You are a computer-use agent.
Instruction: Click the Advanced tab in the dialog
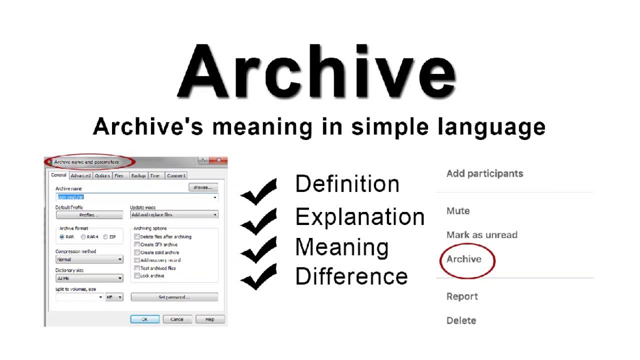tap(80, 176)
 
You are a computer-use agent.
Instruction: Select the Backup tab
tap(138, 176)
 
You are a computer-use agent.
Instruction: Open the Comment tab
tap(176, 176)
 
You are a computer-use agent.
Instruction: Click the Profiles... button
tap(89, 215)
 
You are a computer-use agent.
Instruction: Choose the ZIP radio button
tap(105, 237)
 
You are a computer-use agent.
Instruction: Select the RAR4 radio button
tap(83, 237)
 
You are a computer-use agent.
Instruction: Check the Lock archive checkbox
tap(137, 276)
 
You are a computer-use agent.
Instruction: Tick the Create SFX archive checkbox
tap(137, 244)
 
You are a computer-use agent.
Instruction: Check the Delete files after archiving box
tap(137, 237)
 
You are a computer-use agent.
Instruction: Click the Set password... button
tap(174, 297)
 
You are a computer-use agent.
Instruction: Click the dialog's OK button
tap(144, 319)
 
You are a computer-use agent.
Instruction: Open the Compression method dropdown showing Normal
tap(89, 259)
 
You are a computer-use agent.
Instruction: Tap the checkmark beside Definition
tap(258, 191)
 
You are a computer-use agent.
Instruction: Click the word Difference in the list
tap(351, 276)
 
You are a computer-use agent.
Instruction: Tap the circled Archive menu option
tap(464, 259)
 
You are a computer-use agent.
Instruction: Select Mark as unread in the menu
tap(481, 235)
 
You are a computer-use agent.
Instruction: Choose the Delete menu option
tap(461, 320)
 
